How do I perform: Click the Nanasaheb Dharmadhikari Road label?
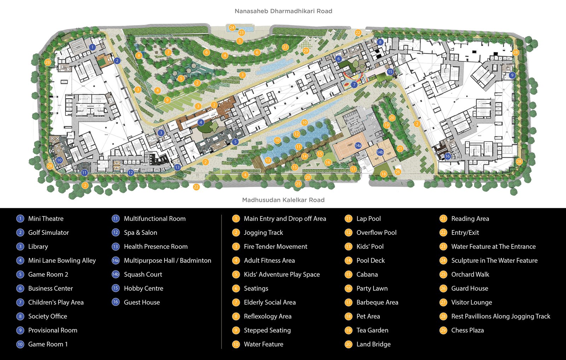point(283,11)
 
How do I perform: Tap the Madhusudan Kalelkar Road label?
point(283,200)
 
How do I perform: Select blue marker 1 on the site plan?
point(92,47)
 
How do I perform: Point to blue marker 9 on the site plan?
point(512,75)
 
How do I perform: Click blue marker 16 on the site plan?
point(447,156)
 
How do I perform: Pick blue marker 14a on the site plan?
point(358,145)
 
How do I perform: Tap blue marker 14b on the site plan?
point(380,152)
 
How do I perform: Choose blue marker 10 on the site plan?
point(59,160)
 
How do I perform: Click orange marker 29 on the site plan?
point(306,51)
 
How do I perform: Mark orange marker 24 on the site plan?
point(232,27)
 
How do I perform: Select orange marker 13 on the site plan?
point(268,161)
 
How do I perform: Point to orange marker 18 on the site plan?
point(383,174)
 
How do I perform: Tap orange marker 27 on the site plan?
point(285,47)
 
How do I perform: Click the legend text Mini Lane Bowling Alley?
point(62,261)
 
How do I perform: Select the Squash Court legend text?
point(143,274)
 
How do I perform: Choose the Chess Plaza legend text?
point(467,330)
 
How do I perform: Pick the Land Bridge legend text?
point(374,344)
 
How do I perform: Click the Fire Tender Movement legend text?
point(276,246)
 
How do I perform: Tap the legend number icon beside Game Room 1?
point(20,344)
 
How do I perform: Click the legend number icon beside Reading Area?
point(443,219)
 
